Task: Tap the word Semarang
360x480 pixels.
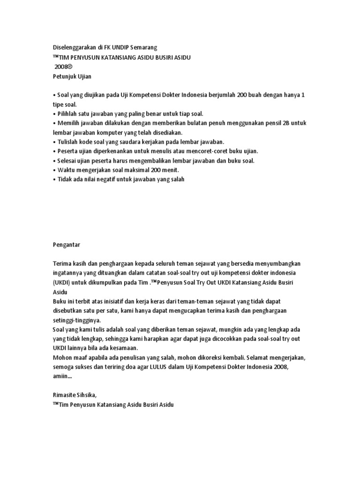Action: (x=143, y=47)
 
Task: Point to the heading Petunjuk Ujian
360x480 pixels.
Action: (x=70, y=75)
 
